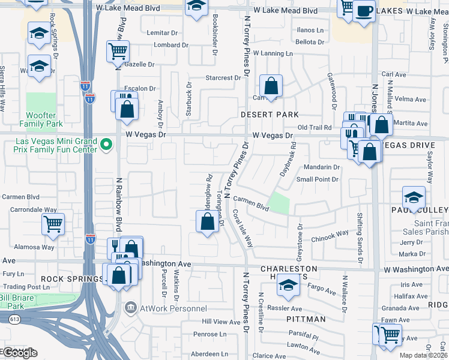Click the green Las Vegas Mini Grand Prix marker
[x=107, y=144]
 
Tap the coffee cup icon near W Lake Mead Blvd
[x=363, y=11]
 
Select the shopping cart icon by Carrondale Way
[x=53, y=224]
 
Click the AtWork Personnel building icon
[x=130, y=308]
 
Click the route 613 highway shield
[x=11, y=320]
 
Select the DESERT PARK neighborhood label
[x=270, y=114]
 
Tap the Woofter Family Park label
[x=45, y=119]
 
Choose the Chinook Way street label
[x=330, y=235]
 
